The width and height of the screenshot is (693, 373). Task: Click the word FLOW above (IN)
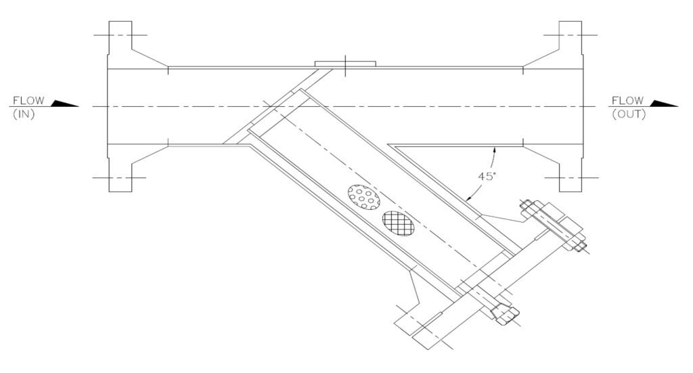28,100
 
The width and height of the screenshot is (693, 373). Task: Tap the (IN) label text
24,114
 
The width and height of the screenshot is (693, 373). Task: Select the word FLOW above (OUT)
627,100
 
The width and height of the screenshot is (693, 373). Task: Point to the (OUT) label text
629,114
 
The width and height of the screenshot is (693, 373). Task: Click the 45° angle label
487,176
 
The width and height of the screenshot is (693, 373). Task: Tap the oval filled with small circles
363,197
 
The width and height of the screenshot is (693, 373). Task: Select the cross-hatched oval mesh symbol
398,223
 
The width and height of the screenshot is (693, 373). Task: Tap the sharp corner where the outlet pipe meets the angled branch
388,144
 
